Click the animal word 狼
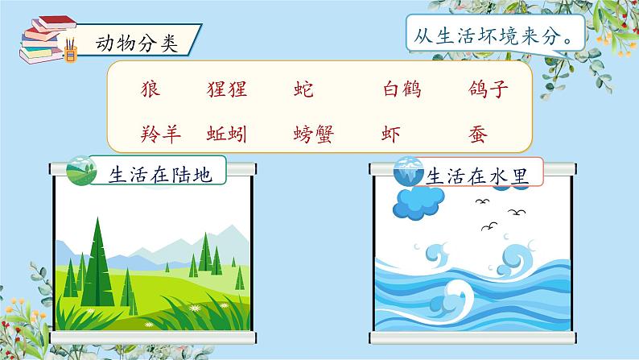(x=150, y=89)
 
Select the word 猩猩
(x=227, y=89)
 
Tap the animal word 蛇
(x=303, y=89)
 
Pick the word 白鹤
(x=402, y=89)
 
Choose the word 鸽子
(x=489, y=89)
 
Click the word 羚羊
(x=161, y=134)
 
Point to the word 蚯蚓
(x=227, y=134)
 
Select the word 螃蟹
(x=313, y=134)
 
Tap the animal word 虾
(x=391, y=134)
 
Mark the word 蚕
(x=477, y=134)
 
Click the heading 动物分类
(x=137, y=43)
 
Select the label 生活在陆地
(x=160, y=175)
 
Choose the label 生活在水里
(x=477, y=176)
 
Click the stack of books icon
(x=46, y=39)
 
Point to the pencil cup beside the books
(x=71, y=51)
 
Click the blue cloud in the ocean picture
(x=418, y=204)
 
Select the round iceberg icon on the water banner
(x=408, y=172)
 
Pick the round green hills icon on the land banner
(x=81, y=171)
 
